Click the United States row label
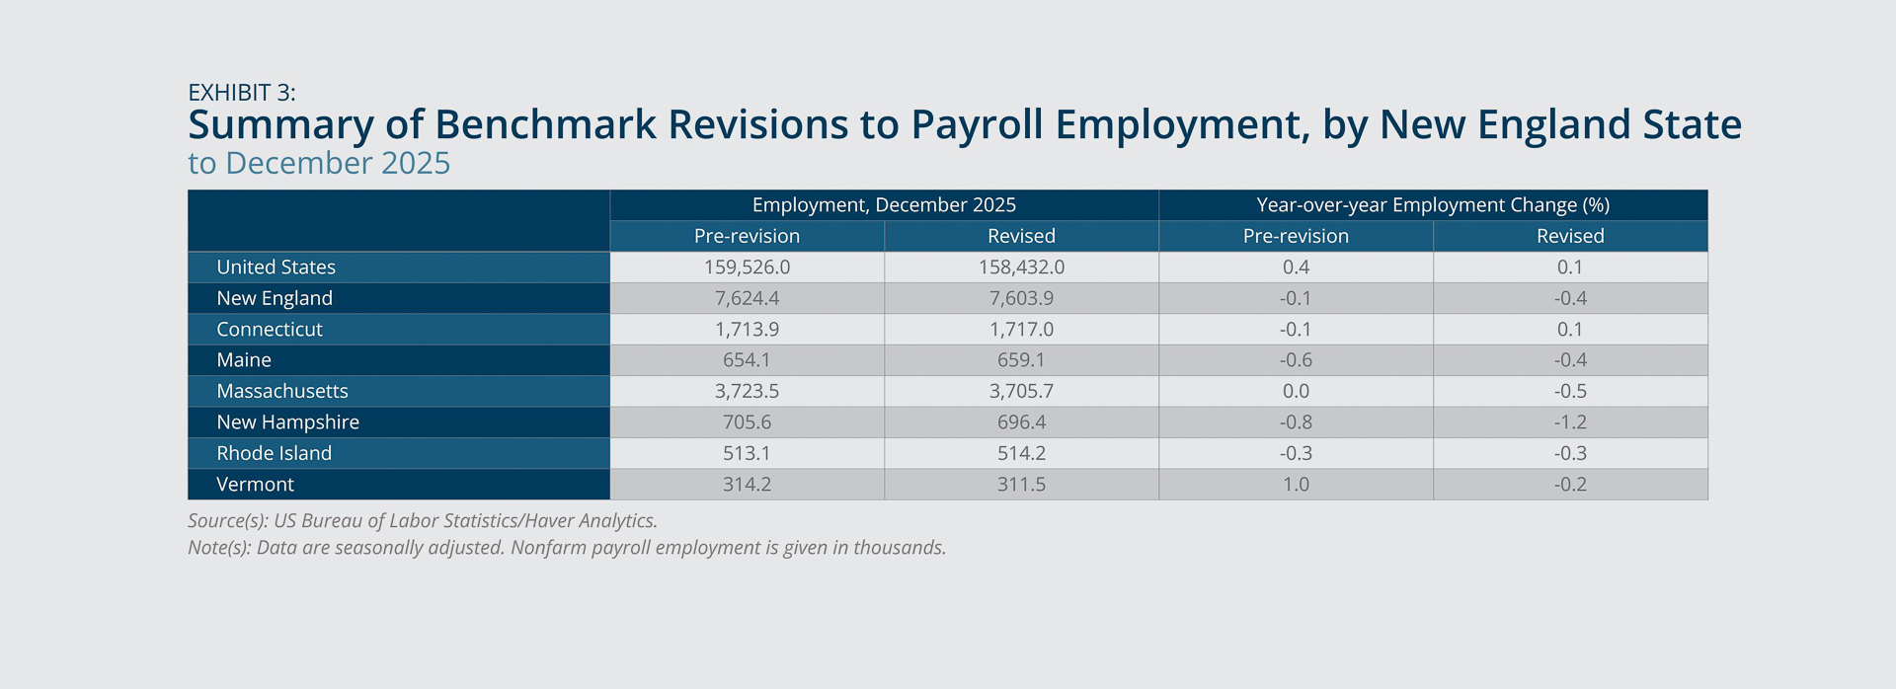276,268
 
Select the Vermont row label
256,485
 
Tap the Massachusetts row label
282,392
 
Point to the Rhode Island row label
275,454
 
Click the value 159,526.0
747,268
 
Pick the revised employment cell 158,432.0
1021,268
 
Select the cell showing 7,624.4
747,298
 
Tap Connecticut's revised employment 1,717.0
1021,330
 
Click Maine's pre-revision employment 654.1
747,360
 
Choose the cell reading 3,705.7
1021,392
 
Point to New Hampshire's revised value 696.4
1021,422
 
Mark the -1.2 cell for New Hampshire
1570,422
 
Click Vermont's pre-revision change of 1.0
1296,485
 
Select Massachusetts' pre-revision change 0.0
1296,392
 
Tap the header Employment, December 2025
884,205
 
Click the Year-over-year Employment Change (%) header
1433,205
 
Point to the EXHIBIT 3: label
242,93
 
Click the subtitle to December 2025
319,163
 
